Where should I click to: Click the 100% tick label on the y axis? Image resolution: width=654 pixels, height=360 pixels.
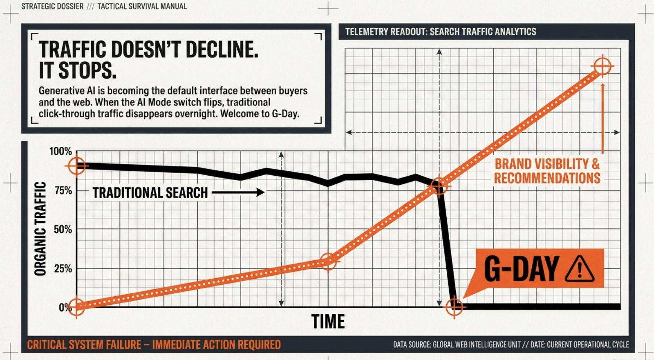[61, 151]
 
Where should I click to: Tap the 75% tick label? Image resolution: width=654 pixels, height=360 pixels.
[63, 190]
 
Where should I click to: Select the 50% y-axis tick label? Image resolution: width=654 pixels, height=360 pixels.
[63, 229]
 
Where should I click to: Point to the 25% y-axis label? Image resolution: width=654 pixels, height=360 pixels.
[63, 268]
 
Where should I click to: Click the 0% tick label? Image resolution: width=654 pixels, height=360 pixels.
[65, 307]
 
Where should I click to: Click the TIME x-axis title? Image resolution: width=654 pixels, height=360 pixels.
[328, 322]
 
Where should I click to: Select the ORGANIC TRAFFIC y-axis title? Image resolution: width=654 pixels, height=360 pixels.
[40, 228]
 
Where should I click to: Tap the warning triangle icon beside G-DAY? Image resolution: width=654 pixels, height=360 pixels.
[580, 269]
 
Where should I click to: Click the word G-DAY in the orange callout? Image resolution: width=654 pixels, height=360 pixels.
[522, 268]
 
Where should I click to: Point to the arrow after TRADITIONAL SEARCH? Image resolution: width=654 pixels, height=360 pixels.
[238, 192]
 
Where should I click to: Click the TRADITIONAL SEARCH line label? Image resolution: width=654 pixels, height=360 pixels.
[150, 193]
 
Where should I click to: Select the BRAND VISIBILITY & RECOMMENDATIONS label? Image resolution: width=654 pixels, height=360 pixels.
[547, 171]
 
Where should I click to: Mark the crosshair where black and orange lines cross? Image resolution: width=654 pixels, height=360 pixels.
[439, 186]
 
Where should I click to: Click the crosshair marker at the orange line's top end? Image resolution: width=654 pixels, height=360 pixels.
[602, 66]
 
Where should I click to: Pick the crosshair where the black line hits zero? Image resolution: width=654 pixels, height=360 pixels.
[454, 307]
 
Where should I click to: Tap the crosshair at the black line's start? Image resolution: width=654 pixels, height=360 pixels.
[76, 166]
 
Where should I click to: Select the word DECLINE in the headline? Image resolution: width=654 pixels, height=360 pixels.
[222, 49]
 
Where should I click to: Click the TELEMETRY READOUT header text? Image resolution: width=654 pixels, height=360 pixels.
[441, 31]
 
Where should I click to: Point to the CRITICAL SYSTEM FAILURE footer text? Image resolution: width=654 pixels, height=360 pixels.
[154, 345]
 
